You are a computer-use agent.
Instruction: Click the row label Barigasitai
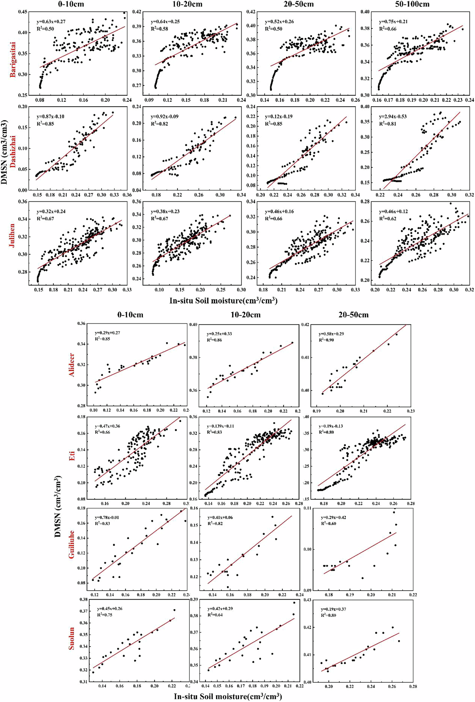13,60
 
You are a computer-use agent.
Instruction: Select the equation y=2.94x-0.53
393,117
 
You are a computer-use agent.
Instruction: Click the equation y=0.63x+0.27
51,22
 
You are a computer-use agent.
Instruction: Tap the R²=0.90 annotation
326,340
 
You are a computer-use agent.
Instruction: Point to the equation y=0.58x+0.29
331,334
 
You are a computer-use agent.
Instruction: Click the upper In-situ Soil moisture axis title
223,301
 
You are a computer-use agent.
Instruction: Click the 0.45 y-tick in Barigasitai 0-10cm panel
23,12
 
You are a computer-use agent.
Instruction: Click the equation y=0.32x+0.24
51,211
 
